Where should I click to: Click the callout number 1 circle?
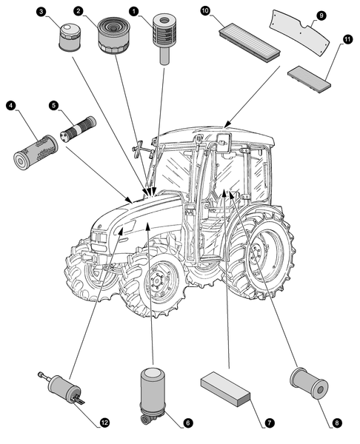134,12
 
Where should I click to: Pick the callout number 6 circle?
187,423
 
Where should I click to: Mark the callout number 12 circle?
104,423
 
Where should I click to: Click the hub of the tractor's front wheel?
156,282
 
